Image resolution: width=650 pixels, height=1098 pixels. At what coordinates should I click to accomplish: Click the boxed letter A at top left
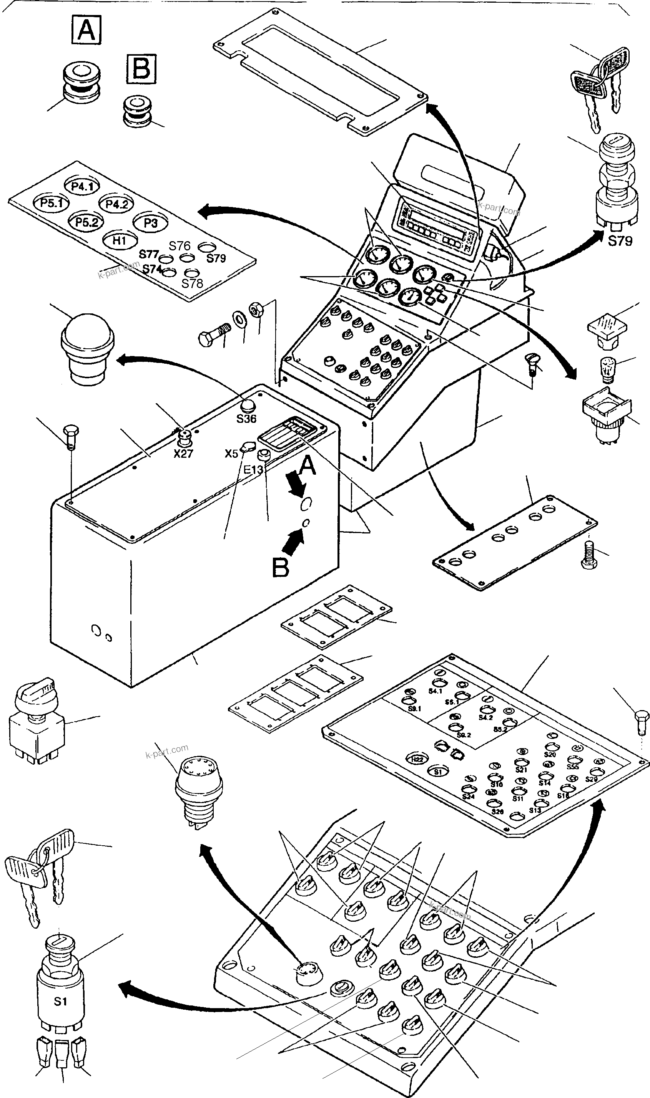pos(86,30)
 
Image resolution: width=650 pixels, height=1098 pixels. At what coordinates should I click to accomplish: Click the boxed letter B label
pos(141,69)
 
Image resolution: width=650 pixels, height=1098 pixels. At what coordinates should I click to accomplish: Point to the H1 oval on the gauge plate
pos(120,240)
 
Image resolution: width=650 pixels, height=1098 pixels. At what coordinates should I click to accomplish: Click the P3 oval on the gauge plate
pos(150,223)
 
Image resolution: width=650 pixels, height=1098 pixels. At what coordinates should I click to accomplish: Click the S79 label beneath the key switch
pos(620,241)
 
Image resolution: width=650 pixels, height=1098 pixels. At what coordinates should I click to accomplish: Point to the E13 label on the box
pos(253,470)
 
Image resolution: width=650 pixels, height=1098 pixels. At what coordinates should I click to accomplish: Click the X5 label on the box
pos(231,454)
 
